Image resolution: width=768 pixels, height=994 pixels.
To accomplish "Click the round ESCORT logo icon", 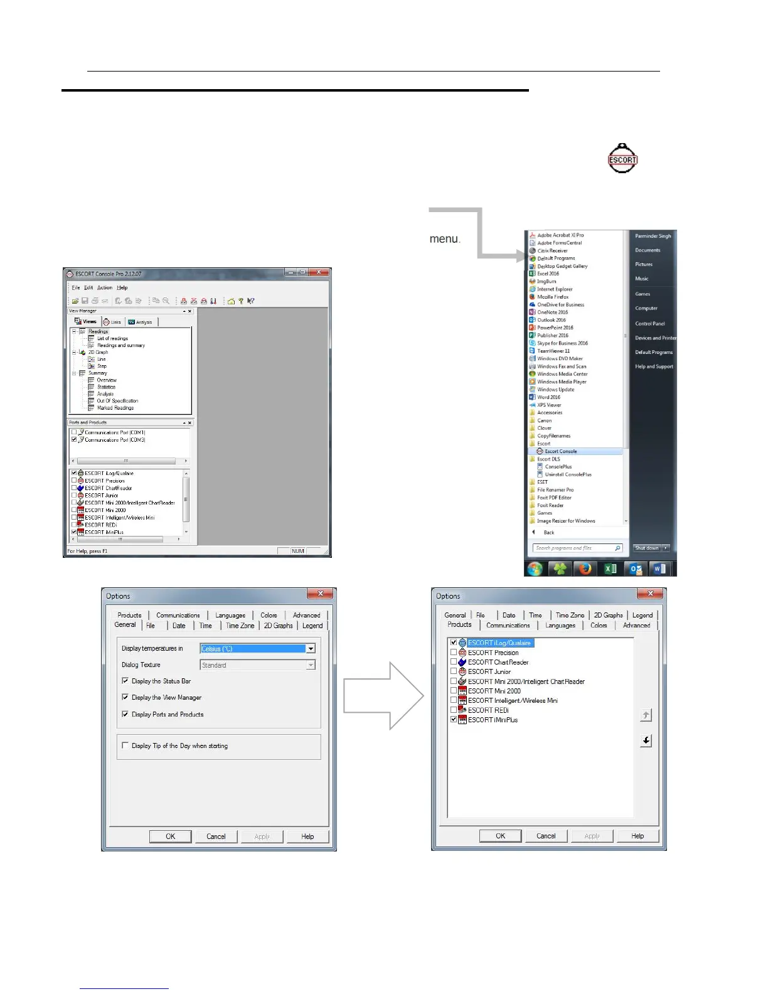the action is [622, 159].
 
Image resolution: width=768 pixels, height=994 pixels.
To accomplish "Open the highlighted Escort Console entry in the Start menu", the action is [560, 451].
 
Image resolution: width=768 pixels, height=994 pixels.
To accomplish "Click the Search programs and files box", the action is [574, 548].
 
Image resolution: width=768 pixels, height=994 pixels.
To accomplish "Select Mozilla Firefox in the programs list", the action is [553, 297].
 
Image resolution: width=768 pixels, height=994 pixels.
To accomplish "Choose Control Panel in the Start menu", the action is [649, 324].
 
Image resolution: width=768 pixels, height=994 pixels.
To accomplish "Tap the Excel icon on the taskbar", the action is [610, 569].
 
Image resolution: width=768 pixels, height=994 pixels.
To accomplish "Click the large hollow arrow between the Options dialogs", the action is [383, 696].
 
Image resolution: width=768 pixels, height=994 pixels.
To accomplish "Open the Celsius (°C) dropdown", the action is [311, 649].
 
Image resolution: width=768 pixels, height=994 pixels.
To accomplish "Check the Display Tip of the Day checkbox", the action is [125, 745].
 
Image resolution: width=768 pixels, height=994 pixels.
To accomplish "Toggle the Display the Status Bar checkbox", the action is [125, 681].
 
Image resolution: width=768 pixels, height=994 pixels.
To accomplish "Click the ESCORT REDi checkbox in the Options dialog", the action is [454, 710].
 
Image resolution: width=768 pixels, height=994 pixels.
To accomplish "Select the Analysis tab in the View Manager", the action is [141, 322].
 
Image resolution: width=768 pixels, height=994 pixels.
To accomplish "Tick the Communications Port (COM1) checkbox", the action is [74, 432].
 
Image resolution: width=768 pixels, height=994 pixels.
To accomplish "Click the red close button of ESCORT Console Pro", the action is [319, 272].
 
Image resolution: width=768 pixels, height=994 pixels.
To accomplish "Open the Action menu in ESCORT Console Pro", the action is [105, 287].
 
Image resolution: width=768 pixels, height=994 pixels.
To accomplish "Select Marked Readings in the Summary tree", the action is [115, 408].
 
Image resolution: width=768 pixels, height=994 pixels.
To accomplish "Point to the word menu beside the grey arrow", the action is [444, 238].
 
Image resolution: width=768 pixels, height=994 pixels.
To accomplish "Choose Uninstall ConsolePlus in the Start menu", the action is [568, 474].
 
